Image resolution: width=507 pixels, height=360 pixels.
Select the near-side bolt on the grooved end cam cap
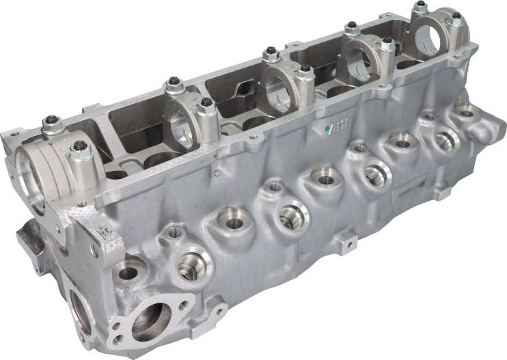pyautogui.click(x=80, y=149)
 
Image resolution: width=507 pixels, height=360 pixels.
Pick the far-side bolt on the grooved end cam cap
pyautogui.click(x=51, y=124)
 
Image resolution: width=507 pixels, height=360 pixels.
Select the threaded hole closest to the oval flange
pyautogui.click(x=192, y=264)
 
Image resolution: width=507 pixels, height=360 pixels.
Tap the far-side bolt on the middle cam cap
pyautogui.click(x=271, y=53)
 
